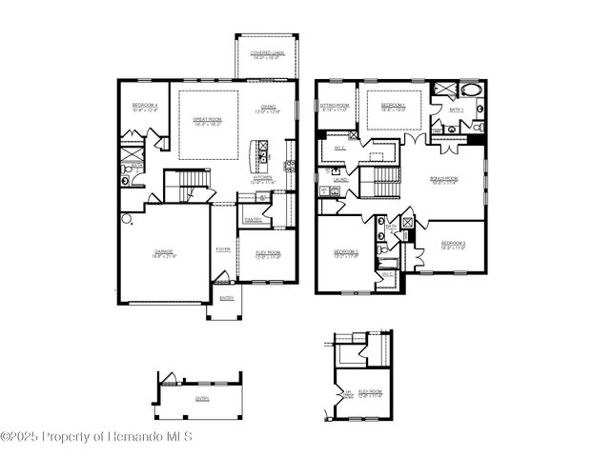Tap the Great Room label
tap(207, 121)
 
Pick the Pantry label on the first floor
tap(253, 219)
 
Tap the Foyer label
tap(223, 249)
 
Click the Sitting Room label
tap(334, 107)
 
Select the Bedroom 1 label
tap(393, 107)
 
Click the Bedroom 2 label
tap(345, 254)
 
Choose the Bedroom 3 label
tap(453, 245)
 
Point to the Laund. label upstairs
tap(340, 177)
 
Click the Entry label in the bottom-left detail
tap(202, 398)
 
